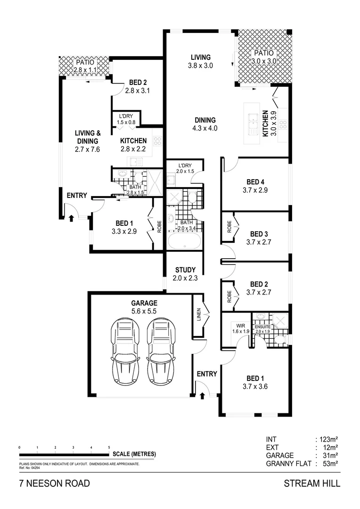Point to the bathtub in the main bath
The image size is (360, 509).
[x=184, y=241]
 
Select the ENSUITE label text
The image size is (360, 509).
[x=262, y=326]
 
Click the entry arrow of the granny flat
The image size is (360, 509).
[x=71, y=218]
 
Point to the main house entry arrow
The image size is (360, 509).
[x=202, y=395]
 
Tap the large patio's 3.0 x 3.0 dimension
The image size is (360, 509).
[x=263, y=61]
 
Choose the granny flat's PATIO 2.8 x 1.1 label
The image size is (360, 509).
[x=83, y=66]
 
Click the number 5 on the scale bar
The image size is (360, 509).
[x=109, y=447]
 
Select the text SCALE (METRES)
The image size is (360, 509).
[x=134, y=454]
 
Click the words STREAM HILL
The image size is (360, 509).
[x=312, y=484]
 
